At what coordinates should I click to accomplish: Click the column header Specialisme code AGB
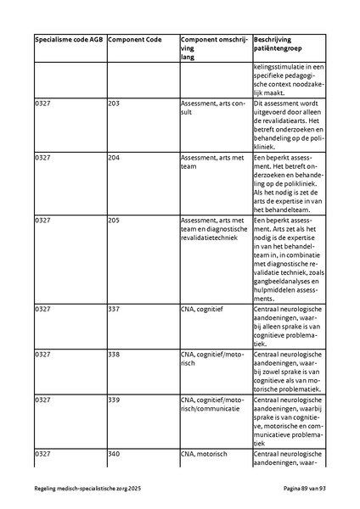[69, 41]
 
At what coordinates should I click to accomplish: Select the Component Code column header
[135, 41]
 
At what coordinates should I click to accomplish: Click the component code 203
[114, 103]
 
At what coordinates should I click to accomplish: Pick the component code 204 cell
[114, 157]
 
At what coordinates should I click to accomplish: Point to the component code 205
[114, 220]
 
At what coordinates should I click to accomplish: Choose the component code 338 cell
[114, 353]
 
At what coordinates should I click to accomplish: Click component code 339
[114, 398]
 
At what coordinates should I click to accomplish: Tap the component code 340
[114, 454]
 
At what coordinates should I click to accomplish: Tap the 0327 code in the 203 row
[42, 103]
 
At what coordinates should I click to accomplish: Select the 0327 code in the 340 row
[42, 454]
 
